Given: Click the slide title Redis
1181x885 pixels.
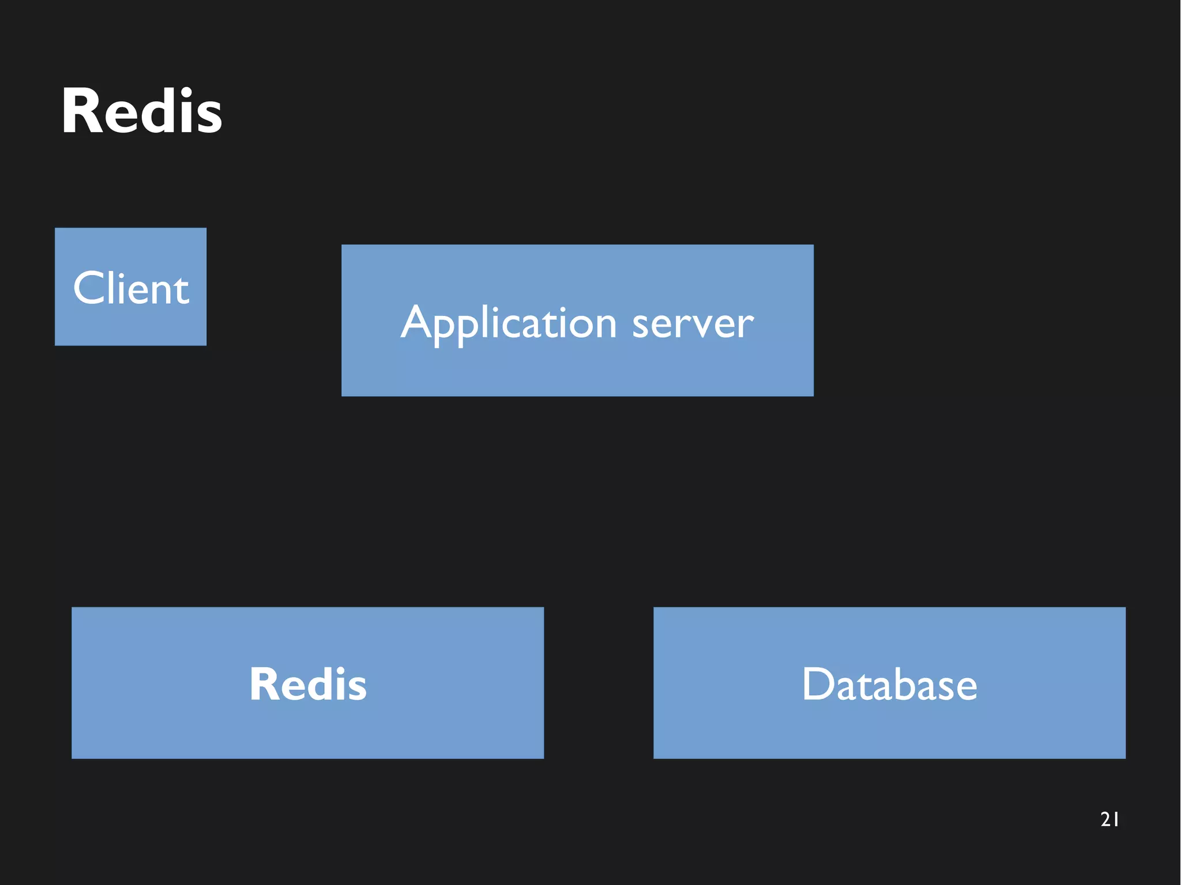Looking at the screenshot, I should point(141,111).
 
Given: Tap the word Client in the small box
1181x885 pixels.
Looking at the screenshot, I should point(131,288).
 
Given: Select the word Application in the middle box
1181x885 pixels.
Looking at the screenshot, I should point(509,323).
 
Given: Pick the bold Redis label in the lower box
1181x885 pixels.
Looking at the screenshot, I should point(307,684).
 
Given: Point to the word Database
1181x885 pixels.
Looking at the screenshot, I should point(889,684).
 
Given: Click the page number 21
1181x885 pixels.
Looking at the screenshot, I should point(1109,819).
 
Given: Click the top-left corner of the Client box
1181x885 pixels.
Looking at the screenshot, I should point(56,229).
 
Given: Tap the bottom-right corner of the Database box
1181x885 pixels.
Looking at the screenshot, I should point(1124,757).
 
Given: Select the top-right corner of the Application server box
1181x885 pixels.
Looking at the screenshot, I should point(813,246).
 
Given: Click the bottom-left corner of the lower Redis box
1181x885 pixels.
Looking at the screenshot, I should point(73,757).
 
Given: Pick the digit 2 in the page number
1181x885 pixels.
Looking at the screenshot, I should point(1105,819).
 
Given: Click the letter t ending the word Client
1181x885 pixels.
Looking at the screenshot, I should point(182,290).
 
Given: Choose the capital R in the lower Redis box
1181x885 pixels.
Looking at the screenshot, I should point(264,684).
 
